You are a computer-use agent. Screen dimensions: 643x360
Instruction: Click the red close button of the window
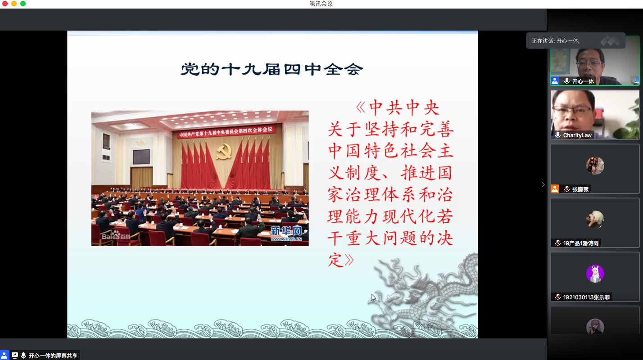(5, 4)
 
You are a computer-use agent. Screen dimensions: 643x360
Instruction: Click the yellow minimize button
(14, 4)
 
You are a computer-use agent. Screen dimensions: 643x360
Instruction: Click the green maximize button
(23, 4)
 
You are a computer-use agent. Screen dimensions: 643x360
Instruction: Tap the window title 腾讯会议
(321, 4)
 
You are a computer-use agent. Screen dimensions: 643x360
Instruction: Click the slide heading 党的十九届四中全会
(272, 69)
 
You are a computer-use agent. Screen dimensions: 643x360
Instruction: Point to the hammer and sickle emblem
(224, 152)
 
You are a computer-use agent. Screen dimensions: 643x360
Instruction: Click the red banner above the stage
(226, 132)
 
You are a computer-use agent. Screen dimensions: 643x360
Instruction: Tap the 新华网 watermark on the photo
(286, 233)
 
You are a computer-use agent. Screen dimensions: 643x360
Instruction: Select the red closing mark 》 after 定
(349, 260)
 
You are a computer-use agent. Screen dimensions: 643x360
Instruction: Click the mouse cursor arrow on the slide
(373, 297)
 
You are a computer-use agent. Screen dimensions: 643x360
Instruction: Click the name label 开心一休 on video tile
(583, 81)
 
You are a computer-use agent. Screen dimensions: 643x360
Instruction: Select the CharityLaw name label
(577, 135)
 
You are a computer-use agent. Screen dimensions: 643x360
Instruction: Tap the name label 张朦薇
(580, 189)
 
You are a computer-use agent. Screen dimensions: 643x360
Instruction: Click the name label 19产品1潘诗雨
(581, 243)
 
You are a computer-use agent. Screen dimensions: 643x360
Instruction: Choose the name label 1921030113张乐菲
(586, 297)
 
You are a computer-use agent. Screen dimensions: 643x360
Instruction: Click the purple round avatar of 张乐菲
(595, 273)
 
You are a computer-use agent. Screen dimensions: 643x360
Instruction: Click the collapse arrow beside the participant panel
(543, 184)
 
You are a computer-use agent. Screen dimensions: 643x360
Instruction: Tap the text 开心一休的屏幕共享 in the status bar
(53, 355)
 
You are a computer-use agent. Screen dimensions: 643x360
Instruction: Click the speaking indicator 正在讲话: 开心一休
(556, 41)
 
